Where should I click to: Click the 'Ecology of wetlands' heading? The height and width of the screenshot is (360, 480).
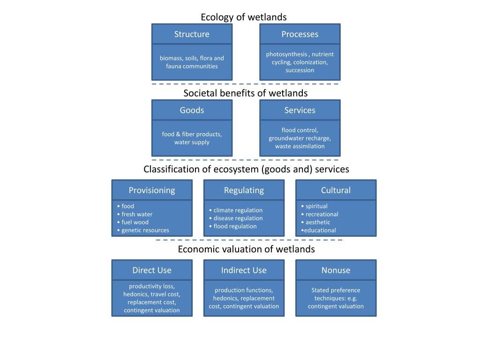coord(243,17)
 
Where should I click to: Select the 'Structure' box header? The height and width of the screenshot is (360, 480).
coord(192,34)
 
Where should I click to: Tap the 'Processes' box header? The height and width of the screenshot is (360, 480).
coord(300,34)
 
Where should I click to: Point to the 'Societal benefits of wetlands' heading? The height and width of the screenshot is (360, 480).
coord(245,93)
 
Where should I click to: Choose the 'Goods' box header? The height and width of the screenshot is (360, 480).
coord(192,110)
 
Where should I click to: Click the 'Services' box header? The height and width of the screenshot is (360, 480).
coord(300,110)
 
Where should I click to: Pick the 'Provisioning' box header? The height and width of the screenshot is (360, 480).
coord(152,190)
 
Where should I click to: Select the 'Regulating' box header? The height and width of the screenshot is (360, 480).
coord(244,190)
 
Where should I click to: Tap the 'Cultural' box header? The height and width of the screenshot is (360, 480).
coord(336,190)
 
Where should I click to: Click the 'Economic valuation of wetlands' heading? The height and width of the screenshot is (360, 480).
coord(246,249)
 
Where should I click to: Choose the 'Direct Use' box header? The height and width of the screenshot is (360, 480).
coord(152,270)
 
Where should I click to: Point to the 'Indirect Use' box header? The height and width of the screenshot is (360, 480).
coord(244,270)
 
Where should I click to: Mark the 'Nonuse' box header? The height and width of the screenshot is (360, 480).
coord(336,270)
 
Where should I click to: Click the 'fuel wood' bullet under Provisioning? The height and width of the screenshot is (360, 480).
coord(135,222)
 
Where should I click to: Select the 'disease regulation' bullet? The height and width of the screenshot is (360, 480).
coord(238,218)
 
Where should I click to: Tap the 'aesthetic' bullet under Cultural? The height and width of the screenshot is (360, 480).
coord(318,222)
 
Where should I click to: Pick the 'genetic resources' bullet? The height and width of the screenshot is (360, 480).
coord(145,230)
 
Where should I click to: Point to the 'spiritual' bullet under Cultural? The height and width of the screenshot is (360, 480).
coord(316,206)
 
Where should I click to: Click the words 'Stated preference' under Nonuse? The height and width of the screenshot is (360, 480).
coord(336,290)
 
